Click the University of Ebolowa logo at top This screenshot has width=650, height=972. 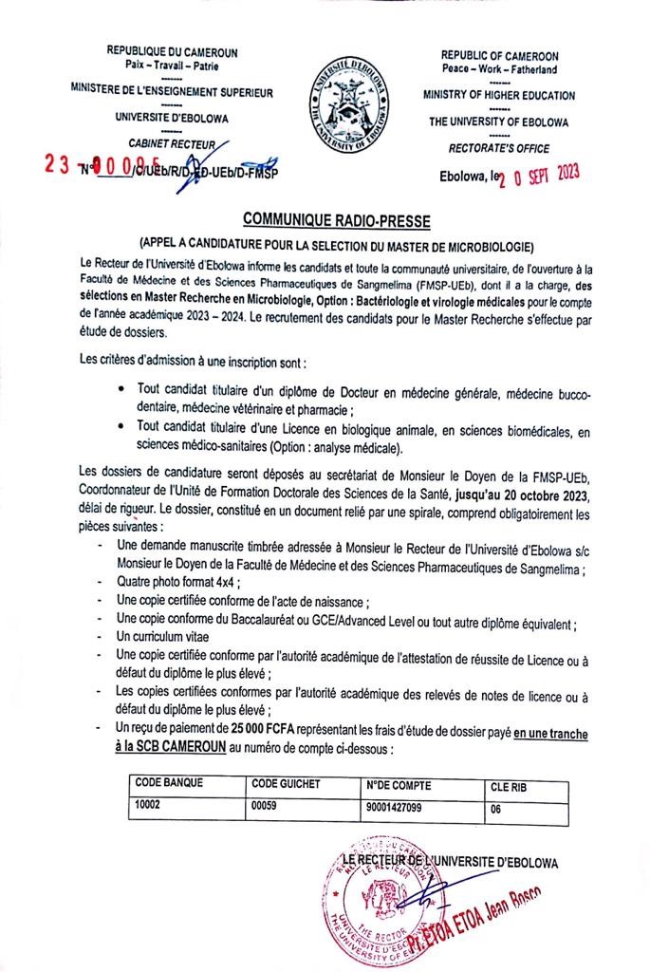pos(346,104)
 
